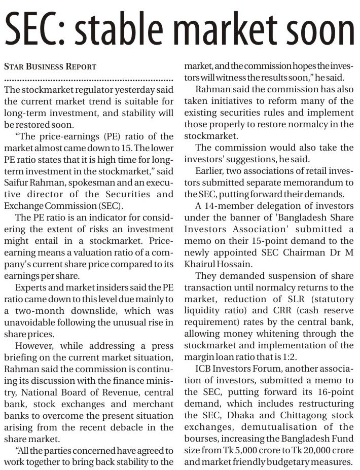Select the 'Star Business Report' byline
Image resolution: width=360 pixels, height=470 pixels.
click(50, 67)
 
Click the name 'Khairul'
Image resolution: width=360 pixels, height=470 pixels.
click(201, 264)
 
